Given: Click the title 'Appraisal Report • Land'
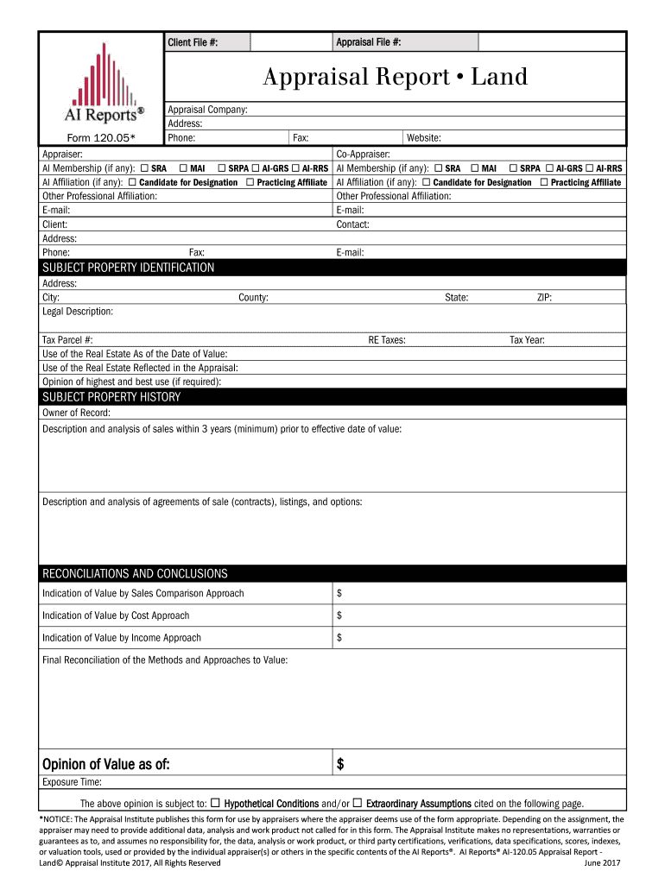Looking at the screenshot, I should coord(395,78).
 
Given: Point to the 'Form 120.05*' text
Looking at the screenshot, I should coord(101,137).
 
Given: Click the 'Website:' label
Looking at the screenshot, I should coord(424,137).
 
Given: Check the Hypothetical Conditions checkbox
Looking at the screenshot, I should coord(216,802).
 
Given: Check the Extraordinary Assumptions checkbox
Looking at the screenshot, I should coord(358,802).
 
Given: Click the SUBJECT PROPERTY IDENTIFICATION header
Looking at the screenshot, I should coord(129,268).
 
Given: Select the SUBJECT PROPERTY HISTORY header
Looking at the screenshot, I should coord(111,397).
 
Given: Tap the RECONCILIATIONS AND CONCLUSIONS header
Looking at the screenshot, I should coord(135,573).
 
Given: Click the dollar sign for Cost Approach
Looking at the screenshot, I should coord(339,616).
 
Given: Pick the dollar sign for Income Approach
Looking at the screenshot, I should coord(339,638).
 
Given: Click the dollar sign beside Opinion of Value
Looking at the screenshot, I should coord(340,764).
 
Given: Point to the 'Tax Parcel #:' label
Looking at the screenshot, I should coord(67,340).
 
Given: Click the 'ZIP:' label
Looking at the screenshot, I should coord(544,298).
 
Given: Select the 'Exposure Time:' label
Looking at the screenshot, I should coord(72,782).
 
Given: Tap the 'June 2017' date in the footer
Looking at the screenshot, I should coord(603,862).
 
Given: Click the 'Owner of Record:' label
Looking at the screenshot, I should coord(76,413).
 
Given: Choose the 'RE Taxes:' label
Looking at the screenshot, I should coord(387,340).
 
